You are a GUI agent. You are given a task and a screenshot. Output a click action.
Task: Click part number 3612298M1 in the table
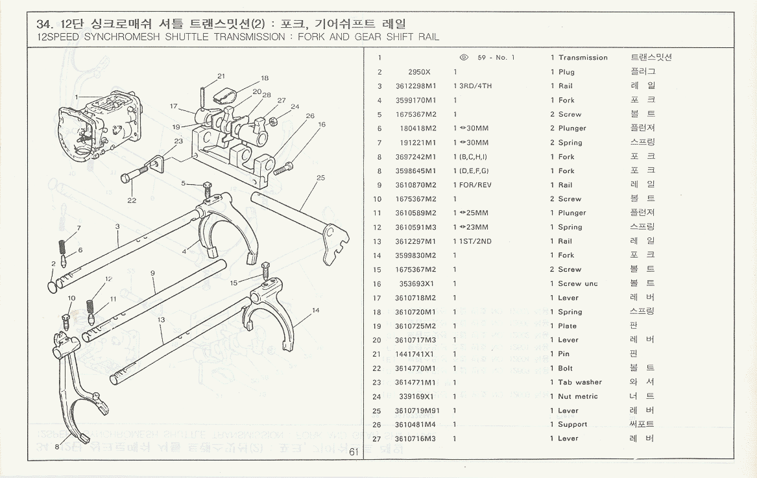415,86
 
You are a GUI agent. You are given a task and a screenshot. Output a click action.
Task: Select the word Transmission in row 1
583,58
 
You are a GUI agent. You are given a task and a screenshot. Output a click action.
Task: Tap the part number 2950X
419,72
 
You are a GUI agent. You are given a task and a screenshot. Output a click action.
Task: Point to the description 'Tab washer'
579,383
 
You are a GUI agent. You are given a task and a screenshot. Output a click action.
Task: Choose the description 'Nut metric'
577,397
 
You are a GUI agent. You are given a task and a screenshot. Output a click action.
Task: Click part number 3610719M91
416,411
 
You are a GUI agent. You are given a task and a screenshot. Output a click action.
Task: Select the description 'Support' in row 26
572,425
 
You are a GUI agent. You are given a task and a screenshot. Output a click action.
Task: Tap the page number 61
354,452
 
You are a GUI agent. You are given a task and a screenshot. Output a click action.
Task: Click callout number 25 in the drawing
320,178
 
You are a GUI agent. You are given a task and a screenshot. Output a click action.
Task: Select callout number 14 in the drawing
315,311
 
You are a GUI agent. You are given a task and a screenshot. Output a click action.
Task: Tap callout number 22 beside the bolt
132,200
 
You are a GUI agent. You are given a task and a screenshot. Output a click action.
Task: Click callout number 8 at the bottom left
57,447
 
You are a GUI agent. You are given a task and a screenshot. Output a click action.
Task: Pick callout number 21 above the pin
221,76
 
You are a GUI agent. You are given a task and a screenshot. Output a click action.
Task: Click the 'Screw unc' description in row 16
577,284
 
